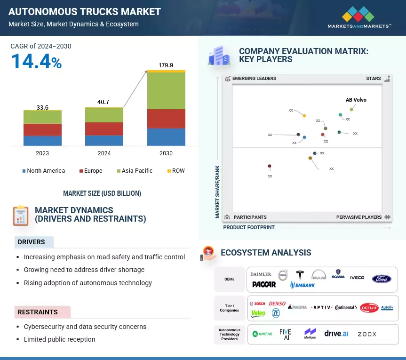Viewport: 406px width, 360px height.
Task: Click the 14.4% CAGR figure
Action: (36, 62)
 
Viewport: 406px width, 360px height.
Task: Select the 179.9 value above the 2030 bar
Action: (166, 65)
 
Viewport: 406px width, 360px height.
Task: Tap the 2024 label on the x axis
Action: (104, 153)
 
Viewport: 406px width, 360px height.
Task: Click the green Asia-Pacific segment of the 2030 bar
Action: (166, 90)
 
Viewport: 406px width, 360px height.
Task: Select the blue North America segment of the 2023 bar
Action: (42, 140)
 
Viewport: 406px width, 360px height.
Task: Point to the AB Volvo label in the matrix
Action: (356, 100)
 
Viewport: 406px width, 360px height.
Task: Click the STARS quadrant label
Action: (374, 79)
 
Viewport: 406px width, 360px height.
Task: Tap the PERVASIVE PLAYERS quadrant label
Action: (359, 217)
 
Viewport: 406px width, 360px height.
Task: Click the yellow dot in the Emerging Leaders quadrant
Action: (304, 115)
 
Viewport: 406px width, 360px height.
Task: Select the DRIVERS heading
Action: (32, 242)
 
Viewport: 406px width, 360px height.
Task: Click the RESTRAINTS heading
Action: (38, 312)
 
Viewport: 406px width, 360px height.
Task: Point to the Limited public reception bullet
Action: (59, 339)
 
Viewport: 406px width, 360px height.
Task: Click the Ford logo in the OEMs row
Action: (382, 279)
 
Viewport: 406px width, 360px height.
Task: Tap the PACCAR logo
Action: (264, 284)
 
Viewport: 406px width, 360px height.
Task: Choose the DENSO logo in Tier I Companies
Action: (277, 303)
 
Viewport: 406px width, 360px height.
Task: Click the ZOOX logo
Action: (367, 334)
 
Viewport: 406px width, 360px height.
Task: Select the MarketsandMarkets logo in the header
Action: (359, 17)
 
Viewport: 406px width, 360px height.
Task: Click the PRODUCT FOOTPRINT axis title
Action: (249, 227)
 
